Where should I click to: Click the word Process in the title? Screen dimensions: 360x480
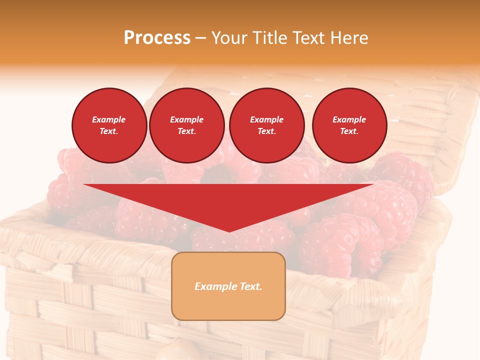click(157, 38)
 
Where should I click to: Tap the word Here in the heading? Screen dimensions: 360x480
click(348, 38)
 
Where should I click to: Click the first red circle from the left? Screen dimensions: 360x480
click(109, 125)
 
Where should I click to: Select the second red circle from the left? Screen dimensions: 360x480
click(187, 125)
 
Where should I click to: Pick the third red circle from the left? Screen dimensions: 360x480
click(266, 125)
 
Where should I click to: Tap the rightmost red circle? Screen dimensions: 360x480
click(349, 125)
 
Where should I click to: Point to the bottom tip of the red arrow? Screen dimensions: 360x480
click(229, 231)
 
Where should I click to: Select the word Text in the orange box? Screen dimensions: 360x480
click(250, 286)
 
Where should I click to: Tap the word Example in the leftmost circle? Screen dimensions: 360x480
click(109, 119)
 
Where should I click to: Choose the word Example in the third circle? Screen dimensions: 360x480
click(266, 119)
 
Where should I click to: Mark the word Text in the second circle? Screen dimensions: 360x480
click(186, 131)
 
